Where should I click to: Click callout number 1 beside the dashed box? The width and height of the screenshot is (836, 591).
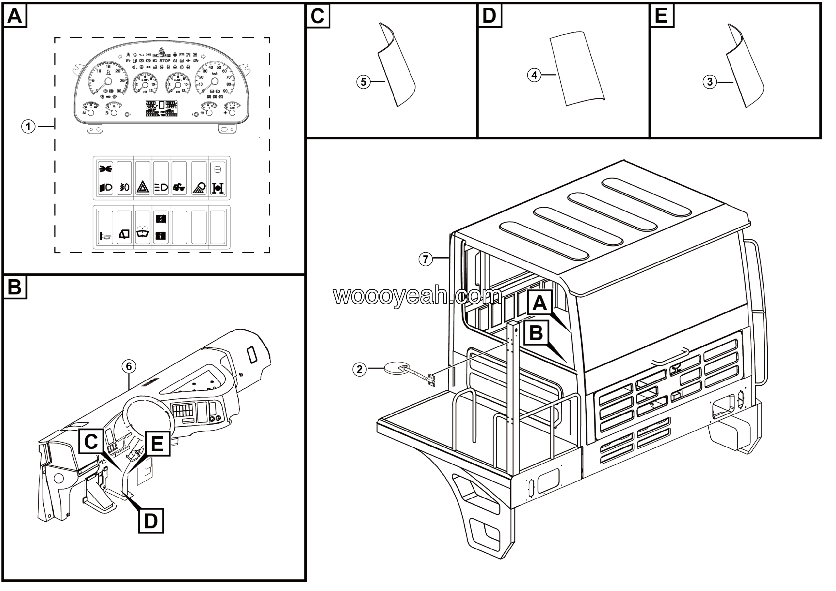click(x=28, y=127)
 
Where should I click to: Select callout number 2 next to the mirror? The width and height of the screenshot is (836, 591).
click(x=359, y=369)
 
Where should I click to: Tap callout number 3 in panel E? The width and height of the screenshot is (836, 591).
click(x=709, y=82)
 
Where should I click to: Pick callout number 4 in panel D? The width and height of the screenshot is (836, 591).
click(x=534, y=75)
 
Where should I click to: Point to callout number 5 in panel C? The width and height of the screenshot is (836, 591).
click(x=363, y=82)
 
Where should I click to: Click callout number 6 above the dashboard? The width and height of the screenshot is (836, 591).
click(x=129, y=366)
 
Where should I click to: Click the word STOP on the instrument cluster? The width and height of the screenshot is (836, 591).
click(x=165, y=61)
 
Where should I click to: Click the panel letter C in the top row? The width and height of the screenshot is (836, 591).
click(x=317, y=16)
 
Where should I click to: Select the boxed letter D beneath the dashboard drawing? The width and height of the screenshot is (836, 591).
click(x=151, y=521)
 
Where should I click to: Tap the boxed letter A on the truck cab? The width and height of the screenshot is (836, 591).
click(x=539, y=303)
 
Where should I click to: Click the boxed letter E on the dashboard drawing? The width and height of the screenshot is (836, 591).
click(x=157, y=444)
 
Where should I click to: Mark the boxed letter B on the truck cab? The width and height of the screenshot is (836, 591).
click(x=536, y=333)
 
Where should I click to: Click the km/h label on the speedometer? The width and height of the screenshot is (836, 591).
click(x=215, y=74)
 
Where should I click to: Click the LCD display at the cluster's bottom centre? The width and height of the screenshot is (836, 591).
click(x=162, y=109)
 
